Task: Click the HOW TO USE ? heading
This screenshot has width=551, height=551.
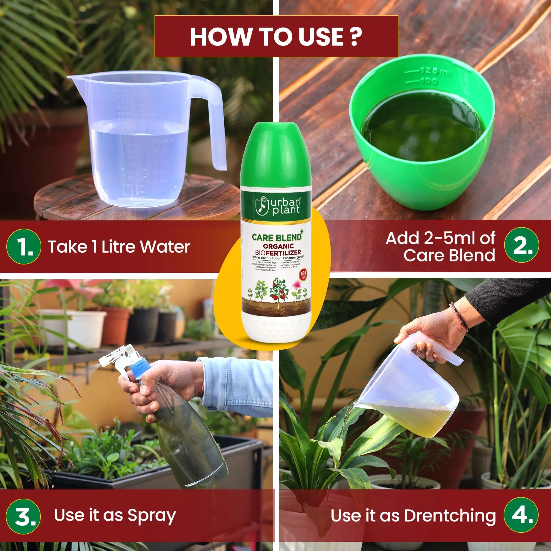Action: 276,37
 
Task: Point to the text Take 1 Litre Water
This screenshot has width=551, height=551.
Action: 119,246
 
